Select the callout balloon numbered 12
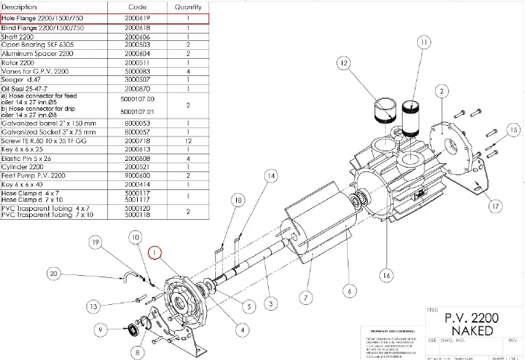[x=345, y=65]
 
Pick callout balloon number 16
[x=385, y=275]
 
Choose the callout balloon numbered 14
[x=270, y=175]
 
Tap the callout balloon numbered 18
[x=237, y=201]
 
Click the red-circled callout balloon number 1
[x=154, y=252]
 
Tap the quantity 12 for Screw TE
[x=188, y=140]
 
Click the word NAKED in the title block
[x=473, y=330]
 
